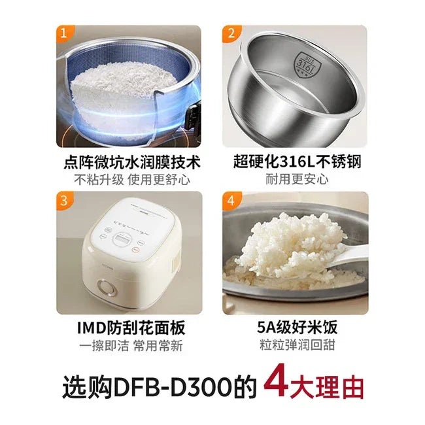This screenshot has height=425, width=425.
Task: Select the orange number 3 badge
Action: tap(64, 201)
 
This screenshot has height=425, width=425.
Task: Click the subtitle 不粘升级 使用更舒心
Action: tap(129, 179)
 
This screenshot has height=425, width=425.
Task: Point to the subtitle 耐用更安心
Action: tap(296, 179)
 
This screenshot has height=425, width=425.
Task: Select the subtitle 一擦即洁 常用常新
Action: tap(129, 346)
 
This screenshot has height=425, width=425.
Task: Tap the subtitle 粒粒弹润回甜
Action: tap(296, 346)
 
